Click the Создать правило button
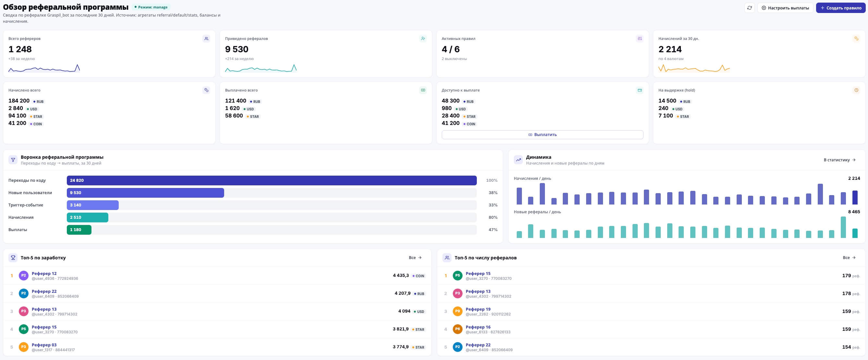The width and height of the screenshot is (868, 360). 840,8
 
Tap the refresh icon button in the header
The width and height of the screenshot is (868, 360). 749,8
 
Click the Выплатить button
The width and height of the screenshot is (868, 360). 542,134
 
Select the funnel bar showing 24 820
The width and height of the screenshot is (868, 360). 271,180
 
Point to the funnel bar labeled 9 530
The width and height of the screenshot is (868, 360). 145,193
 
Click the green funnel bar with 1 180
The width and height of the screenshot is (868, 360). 79,230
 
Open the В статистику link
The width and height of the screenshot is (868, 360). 839,160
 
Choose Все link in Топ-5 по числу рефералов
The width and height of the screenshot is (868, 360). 849,257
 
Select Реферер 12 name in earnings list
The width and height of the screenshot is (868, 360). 44,273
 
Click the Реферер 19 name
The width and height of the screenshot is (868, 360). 478,309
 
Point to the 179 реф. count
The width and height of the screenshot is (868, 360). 851,276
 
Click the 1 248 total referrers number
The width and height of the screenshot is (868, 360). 20,49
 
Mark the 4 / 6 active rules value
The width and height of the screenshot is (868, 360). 451,49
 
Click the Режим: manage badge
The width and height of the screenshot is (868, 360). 151,7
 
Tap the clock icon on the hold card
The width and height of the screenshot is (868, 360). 856,90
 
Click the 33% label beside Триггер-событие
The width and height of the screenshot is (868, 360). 493,205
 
